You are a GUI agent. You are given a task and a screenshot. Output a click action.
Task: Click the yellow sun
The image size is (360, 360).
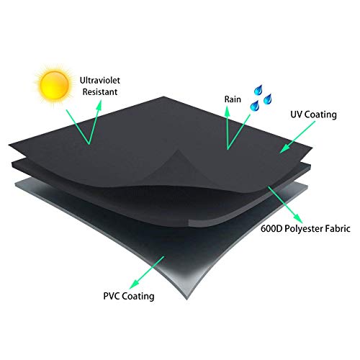point(55,85)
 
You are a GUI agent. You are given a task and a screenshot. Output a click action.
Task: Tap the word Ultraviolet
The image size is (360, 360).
point(100,80)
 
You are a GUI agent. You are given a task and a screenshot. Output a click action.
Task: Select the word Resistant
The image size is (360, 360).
point(100,92)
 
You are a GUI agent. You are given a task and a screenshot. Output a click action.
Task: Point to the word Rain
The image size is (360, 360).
point(233,99)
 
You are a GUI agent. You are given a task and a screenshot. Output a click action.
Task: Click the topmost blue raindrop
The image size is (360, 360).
point(258,90)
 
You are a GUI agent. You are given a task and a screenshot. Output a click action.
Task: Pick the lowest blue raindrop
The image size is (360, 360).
point(255,106)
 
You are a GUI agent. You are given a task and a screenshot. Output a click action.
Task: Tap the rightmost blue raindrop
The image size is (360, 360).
point(267,99)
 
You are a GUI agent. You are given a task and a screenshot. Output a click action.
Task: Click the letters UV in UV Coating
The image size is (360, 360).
point(297,114)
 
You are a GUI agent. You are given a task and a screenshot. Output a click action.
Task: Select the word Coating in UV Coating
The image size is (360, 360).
point(320,114)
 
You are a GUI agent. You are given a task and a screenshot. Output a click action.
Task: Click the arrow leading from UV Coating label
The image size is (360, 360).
point(297,137)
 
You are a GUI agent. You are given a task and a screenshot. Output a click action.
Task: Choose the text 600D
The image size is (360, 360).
point(271,228)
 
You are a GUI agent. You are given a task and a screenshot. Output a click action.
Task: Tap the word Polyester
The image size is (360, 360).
point(303,229)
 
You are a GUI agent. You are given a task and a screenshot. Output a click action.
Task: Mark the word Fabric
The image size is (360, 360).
point(338,228)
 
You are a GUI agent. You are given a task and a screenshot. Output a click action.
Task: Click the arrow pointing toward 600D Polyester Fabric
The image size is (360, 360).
point(285,204)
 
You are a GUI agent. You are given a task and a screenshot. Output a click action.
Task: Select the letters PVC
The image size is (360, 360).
point(112,296)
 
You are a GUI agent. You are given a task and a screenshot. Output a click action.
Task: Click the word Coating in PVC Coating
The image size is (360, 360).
point(138,296)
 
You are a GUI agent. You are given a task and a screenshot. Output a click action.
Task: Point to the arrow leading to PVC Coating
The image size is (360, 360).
point(147,273)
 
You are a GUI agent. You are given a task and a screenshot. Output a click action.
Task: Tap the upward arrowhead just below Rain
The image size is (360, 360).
point(227,112)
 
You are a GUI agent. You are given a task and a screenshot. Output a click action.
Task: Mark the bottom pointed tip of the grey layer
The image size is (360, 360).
point(187,300)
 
